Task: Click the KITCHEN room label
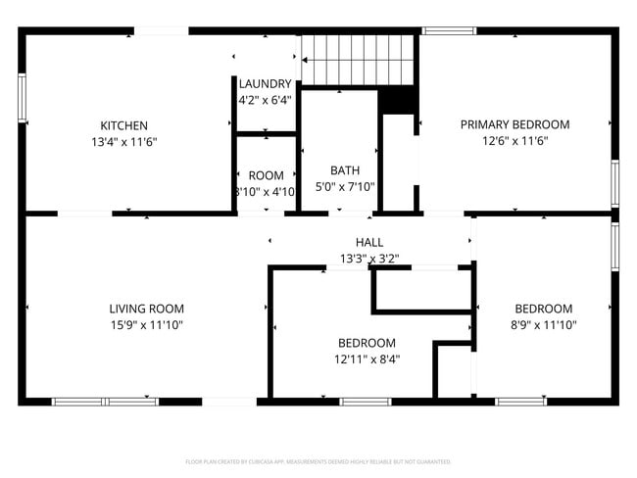[124, 125]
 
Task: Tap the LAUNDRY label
[265, 84]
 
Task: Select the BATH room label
[345, 169]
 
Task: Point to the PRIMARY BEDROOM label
[514, 124]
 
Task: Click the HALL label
[369, 242]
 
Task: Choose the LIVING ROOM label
[146, 309]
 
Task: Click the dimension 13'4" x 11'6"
[124, 142]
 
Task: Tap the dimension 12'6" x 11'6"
[514, 141]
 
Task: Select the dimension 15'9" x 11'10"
[146, 325]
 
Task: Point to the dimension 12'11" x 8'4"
[367, 359]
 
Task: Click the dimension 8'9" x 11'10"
[544, 325]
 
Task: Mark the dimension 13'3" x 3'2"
[369, 259]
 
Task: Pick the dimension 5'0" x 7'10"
[345, 186]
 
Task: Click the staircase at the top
[360, 59]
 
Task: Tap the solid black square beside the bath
[397, 100]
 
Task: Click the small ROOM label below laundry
[266, 175]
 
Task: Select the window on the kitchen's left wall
[22, 98]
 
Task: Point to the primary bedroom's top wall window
[449, 31]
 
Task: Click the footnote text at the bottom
[318, 461]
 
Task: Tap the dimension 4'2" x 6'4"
[265, 100]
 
